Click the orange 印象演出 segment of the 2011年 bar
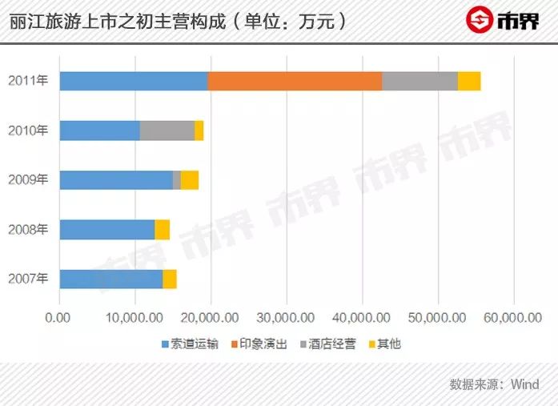(x=295, y=81)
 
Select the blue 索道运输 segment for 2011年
(x=134, y=81)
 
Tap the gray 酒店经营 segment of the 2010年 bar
(x=167, y=131)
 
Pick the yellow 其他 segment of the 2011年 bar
(x=469, y=81)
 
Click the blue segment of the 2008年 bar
(x=106, y=230)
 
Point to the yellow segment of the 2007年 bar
(x=170, y=279)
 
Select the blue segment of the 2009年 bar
(x=116, y=180)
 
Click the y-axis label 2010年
(x=28, y=131)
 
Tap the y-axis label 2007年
(x=28, y=279)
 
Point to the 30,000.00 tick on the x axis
(x=286, y=318)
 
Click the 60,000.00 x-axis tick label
(x=512, y=318)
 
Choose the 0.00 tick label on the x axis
(x=59, y=318)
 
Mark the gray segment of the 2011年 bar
(x=420, y=81)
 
